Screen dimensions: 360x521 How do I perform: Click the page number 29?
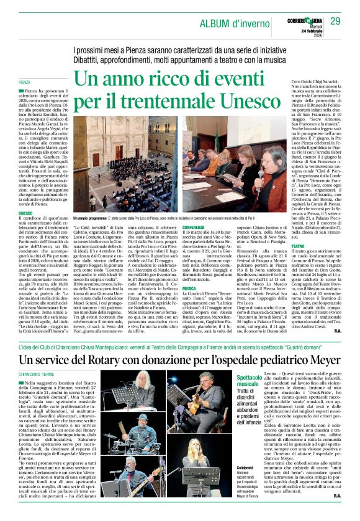(x=335, y=22)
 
